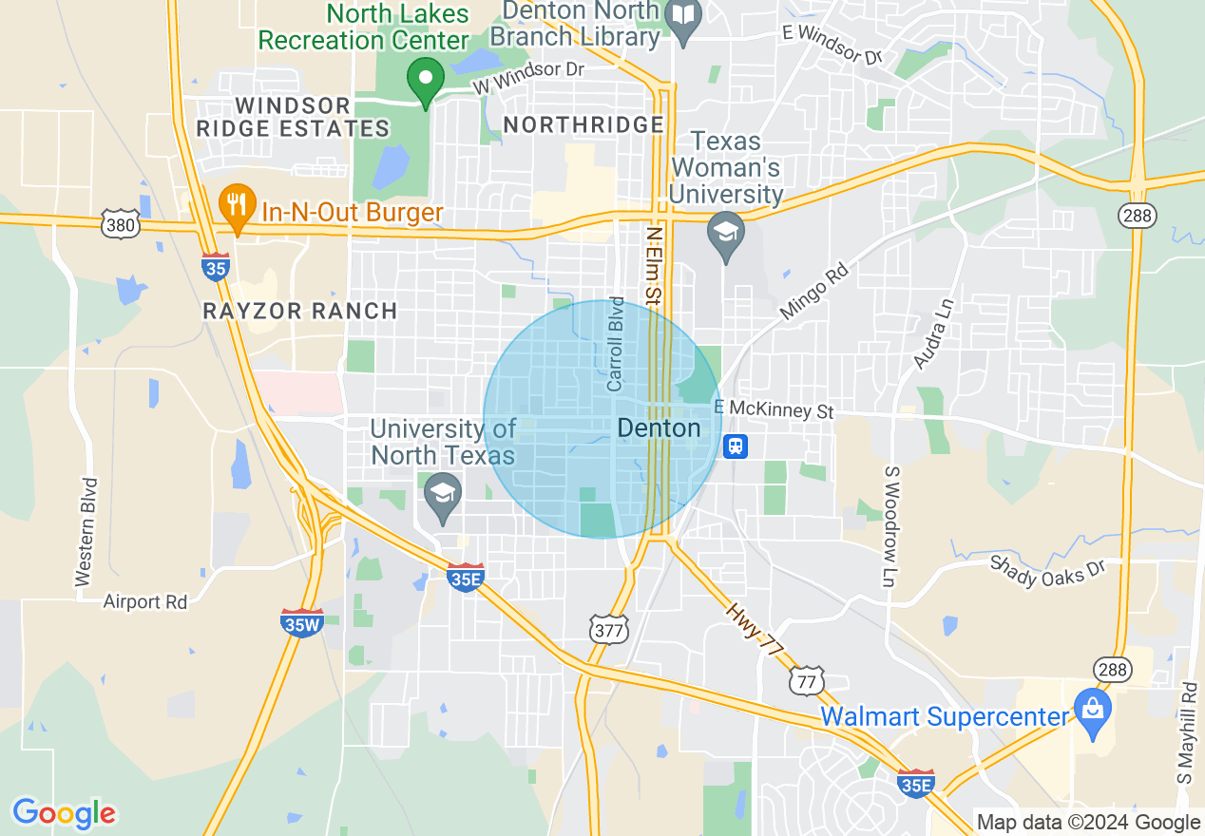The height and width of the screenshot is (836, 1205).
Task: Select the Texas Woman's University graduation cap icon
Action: [727, 234]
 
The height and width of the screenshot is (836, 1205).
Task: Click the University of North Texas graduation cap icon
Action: [442, 496]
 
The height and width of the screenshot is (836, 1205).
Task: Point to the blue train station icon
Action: [735, 446]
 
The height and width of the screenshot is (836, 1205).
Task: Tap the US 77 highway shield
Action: [806, 680]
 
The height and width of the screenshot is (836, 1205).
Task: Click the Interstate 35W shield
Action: [303, 622]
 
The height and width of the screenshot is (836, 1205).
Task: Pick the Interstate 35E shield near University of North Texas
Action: [466, 576]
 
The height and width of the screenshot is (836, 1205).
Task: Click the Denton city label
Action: [659, 428]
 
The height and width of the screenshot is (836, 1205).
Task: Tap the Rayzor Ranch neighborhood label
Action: [300, 311]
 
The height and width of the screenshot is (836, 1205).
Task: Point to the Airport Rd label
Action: [145, 601]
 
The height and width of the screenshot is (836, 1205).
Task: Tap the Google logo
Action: [64, 813]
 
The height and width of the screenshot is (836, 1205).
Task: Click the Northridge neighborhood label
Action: [583, 124]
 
